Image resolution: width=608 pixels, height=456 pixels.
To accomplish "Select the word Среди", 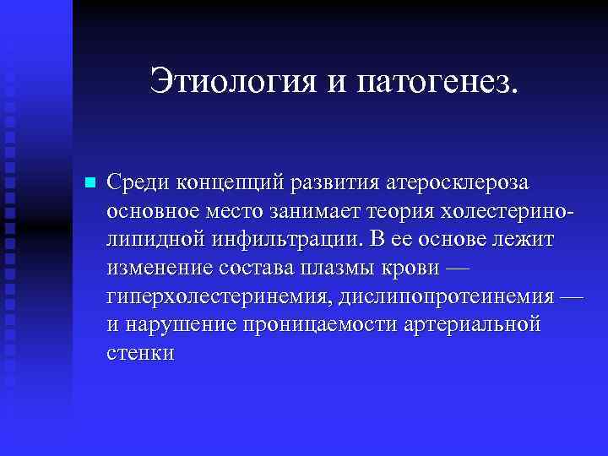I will click(138, 182).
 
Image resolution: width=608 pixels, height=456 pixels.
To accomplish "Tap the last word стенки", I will click(141, 354).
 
